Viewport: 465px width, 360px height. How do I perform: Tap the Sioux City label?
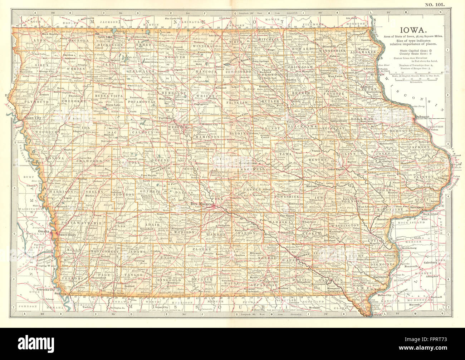[x=32, y=117]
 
